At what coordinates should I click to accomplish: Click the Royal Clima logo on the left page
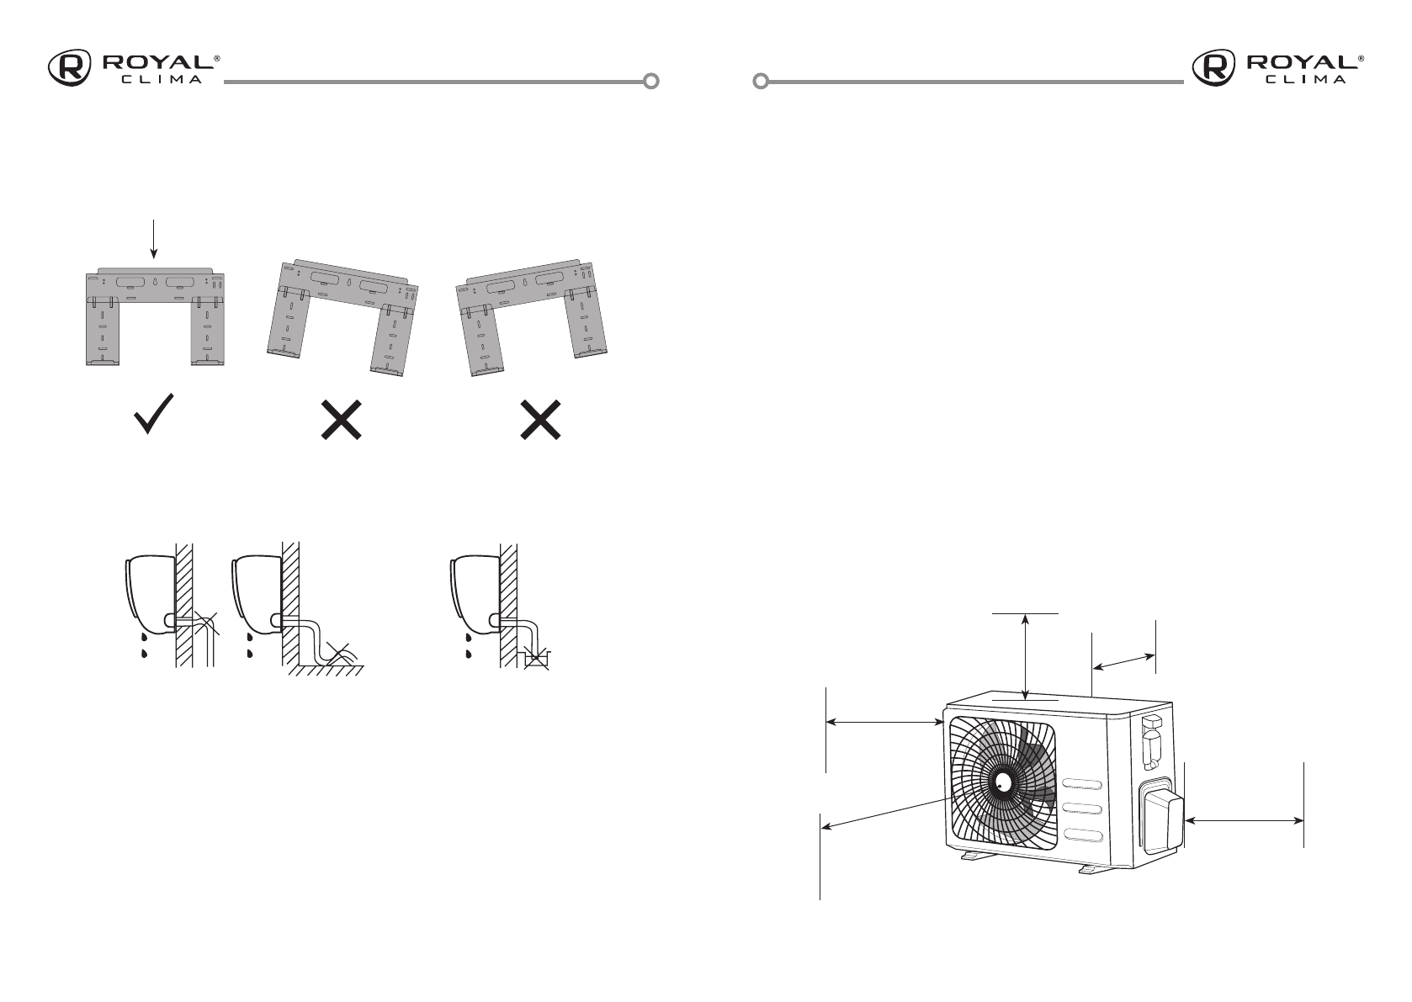134,68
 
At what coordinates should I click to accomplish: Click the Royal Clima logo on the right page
1277,68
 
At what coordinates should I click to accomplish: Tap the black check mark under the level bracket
154,414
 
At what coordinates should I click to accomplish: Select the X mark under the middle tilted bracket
341,419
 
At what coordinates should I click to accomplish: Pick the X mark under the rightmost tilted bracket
540,419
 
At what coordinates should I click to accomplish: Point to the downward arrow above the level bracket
153,239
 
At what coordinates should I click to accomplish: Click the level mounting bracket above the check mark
155,316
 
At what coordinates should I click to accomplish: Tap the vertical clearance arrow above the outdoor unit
1026,657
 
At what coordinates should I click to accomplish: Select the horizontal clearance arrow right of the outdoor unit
1245,820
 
